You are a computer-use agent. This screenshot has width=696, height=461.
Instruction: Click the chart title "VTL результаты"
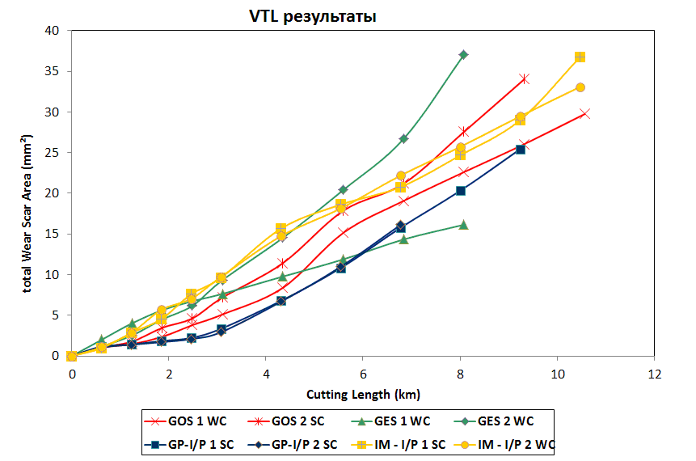312,16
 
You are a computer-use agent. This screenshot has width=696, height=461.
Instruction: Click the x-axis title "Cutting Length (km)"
362,395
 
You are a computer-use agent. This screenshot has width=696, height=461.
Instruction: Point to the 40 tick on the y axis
53,31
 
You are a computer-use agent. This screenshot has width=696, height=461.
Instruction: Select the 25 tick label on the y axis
53,153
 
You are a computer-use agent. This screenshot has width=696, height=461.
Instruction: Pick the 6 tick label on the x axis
362,374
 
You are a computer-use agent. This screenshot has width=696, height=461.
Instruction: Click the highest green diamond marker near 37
463,55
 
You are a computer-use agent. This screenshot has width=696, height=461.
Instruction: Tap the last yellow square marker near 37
580,57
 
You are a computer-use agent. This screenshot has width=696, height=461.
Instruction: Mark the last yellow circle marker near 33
580,87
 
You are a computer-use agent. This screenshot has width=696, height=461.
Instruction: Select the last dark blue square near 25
521,150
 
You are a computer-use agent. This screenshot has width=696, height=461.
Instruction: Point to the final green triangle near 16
463,224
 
